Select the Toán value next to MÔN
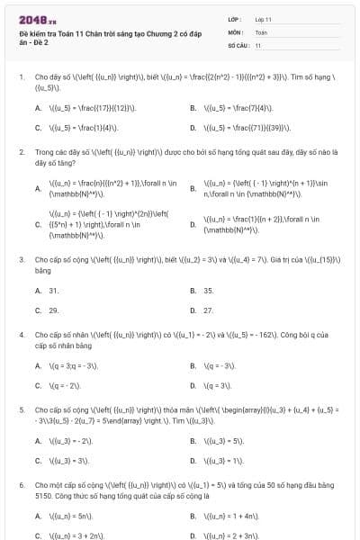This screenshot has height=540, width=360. (262, 31)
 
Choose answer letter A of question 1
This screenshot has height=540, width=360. (38, 108)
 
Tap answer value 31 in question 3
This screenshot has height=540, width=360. (54, 291)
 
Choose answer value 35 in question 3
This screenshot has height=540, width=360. (209, 291)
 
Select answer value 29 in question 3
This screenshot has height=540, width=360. (54, 310)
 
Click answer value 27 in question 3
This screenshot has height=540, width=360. (209, 310)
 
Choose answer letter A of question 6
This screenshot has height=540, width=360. (38, 516)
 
